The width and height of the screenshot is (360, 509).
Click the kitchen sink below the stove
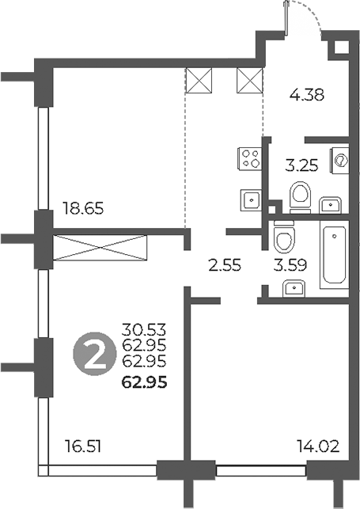point(249,199)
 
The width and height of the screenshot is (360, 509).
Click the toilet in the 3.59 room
point(282,236)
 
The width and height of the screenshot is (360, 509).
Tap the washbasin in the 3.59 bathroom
point(294,287)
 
